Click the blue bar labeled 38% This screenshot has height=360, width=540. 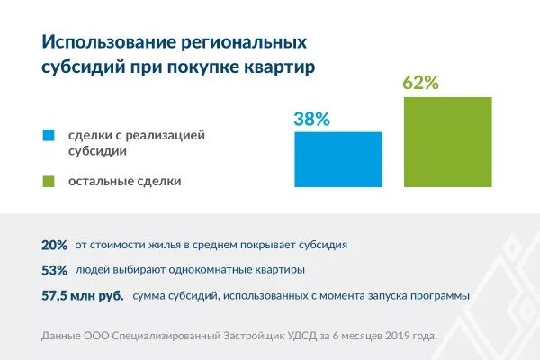click(338, 159)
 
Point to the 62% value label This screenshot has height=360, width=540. click(421, 84)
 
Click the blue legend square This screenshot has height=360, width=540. click(49, 136)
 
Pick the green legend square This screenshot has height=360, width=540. click(49, 181)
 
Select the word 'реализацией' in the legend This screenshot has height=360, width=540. click(172, 135)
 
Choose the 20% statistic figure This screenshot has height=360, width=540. click(54, 245)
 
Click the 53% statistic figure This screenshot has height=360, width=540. click(54, 270)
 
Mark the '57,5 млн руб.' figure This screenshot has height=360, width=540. click(82, 295)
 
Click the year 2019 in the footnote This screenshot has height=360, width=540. click(381, 337)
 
